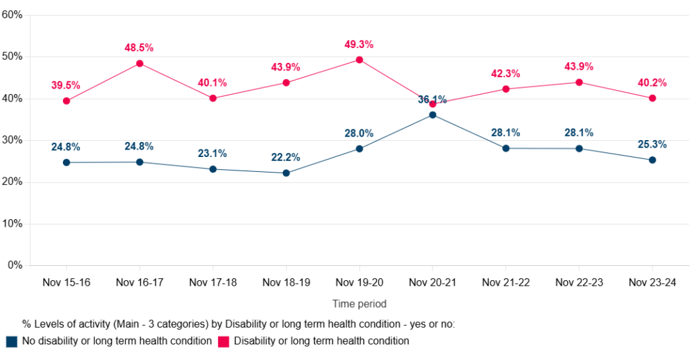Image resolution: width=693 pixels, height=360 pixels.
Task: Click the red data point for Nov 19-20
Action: click(x=359, y=60)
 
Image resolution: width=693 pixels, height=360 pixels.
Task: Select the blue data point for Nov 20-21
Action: click(x=432, y=115)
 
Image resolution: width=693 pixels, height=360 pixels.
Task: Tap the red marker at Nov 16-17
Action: click(x=139, y=64)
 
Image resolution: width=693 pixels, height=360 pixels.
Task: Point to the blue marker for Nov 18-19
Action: click(x=286, y=173)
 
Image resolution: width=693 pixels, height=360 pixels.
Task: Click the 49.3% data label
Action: click(x=359, y=45)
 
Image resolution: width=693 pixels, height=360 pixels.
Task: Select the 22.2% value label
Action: click(x=286, y=158)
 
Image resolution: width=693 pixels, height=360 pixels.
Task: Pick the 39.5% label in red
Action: click(x=66, y=85)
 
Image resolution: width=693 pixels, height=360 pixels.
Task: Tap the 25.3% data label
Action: click(x=652, y=144)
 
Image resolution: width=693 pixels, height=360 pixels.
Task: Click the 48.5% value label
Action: click(x=139, y=48)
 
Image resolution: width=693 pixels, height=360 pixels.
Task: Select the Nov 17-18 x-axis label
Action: click(x=213, y=283)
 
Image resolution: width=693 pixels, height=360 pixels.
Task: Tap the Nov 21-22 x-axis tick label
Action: click(x=506, y=283)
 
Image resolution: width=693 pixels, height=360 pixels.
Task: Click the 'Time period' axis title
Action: click(x=359, y=304)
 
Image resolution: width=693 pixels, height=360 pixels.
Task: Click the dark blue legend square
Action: click(x=12, y=341)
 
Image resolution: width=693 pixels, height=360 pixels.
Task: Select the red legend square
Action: click(x=224, y=341)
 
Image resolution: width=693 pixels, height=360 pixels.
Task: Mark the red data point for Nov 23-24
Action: click(x=652, y=98)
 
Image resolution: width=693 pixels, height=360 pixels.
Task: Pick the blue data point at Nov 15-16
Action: click(x=66, y=162)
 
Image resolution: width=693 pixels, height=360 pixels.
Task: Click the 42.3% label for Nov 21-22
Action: click(x=505, y=74)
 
